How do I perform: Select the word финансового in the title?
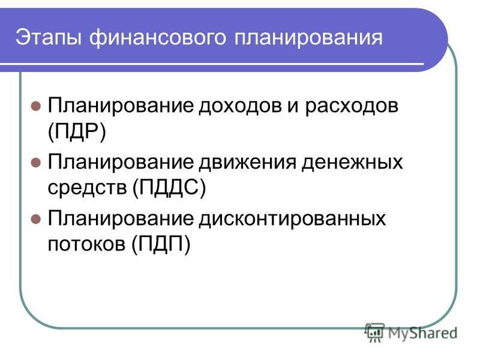158,38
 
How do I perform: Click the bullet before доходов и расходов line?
36,106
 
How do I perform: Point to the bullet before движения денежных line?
36,163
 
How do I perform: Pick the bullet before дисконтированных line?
36,219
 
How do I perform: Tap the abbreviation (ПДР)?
77,132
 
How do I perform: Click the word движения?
248,163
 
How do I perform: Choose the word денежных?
352,163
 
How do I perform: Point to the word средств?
87,187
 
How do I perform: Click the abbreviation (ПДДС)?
169,188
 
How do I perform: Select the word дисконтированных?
292,220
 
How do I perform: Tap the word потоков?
86,245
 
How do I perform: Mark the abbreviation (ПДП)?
161,244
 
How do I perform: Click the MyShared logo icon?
374,332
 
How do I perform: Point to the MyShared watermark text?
423,333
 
